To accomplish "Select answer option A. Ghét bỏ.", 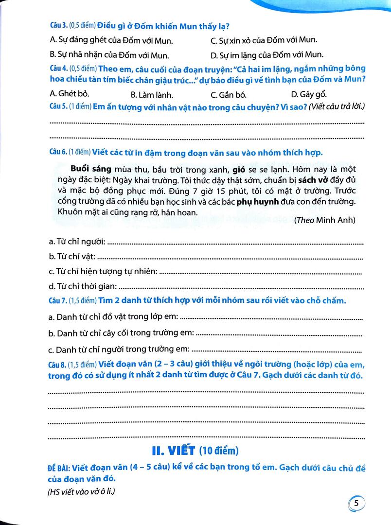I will pyautogui.click(x=69, y=94).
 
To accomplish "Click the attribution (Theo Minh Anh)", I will pyautogui.click(x=324, y=220).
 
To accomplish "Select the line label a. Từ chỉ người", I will pyautogui.click(x=77, y=242).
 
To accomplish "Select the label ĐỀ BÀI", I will pyautogui.click(x=59, y=468).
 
